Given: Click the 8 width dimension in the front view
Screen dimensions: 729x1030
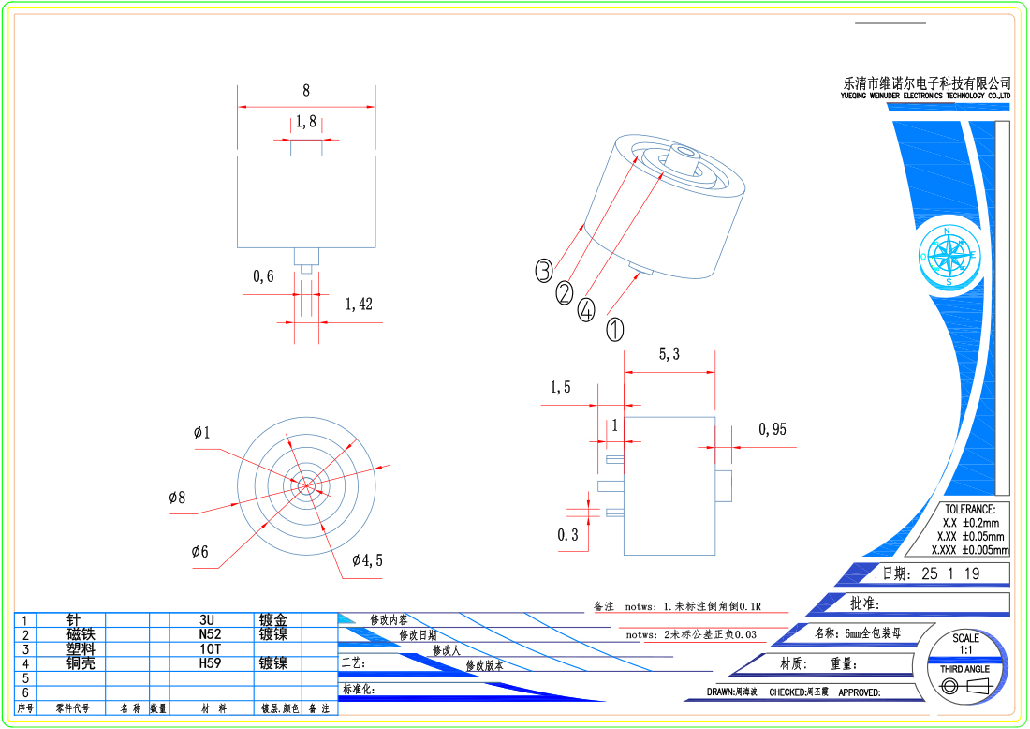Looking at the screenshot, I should (306, 91).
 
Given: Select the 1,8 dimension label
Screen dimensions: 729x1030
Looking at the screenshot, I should (306, 121).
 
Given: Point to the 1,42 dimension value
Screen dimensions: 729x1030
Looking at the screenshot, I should (359, 304).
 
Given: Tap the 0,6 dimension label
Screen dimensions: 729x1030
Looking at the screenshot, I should (263, 276).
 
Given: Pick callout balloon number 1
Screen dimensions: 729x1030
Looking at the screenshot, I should (615, 329).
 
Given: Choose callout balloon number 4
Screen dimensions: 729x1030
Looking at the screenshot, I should (586, 310).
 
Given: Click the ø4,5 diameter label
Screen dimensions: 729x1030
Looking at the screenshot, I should (367, 560).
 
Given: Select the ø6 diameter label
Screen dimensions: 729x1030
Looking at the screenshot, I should (200, 552).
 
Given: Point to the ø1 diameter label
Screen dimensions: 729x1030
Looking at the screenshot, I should (202, 433).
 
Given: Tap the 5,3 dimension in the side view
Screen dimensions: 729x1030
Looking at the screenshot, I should (669, 353).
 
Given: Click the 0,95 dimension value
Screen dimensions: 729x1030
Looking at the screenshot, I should (772, 429).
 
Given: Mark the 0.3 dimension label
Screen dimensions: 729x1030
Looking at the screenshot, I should (567, 535).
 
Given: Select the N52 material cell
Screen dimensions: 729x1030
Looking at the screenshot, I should (208, 634).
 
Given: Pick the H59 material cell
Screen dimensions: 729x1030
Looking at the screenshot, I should (208, 663).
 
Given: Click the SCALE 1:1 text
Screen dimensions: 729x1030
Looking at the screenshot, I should (965, 644).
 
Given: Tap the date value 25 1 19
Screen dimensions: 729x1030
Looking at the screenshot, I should (950, 574).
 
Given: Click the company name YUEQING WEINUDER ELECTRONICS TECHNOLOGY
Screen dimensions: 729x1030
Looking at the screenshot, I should (926, 96).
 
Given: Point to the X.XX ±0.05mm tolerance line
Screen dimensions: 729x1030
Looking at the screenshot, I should (968, 537).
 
